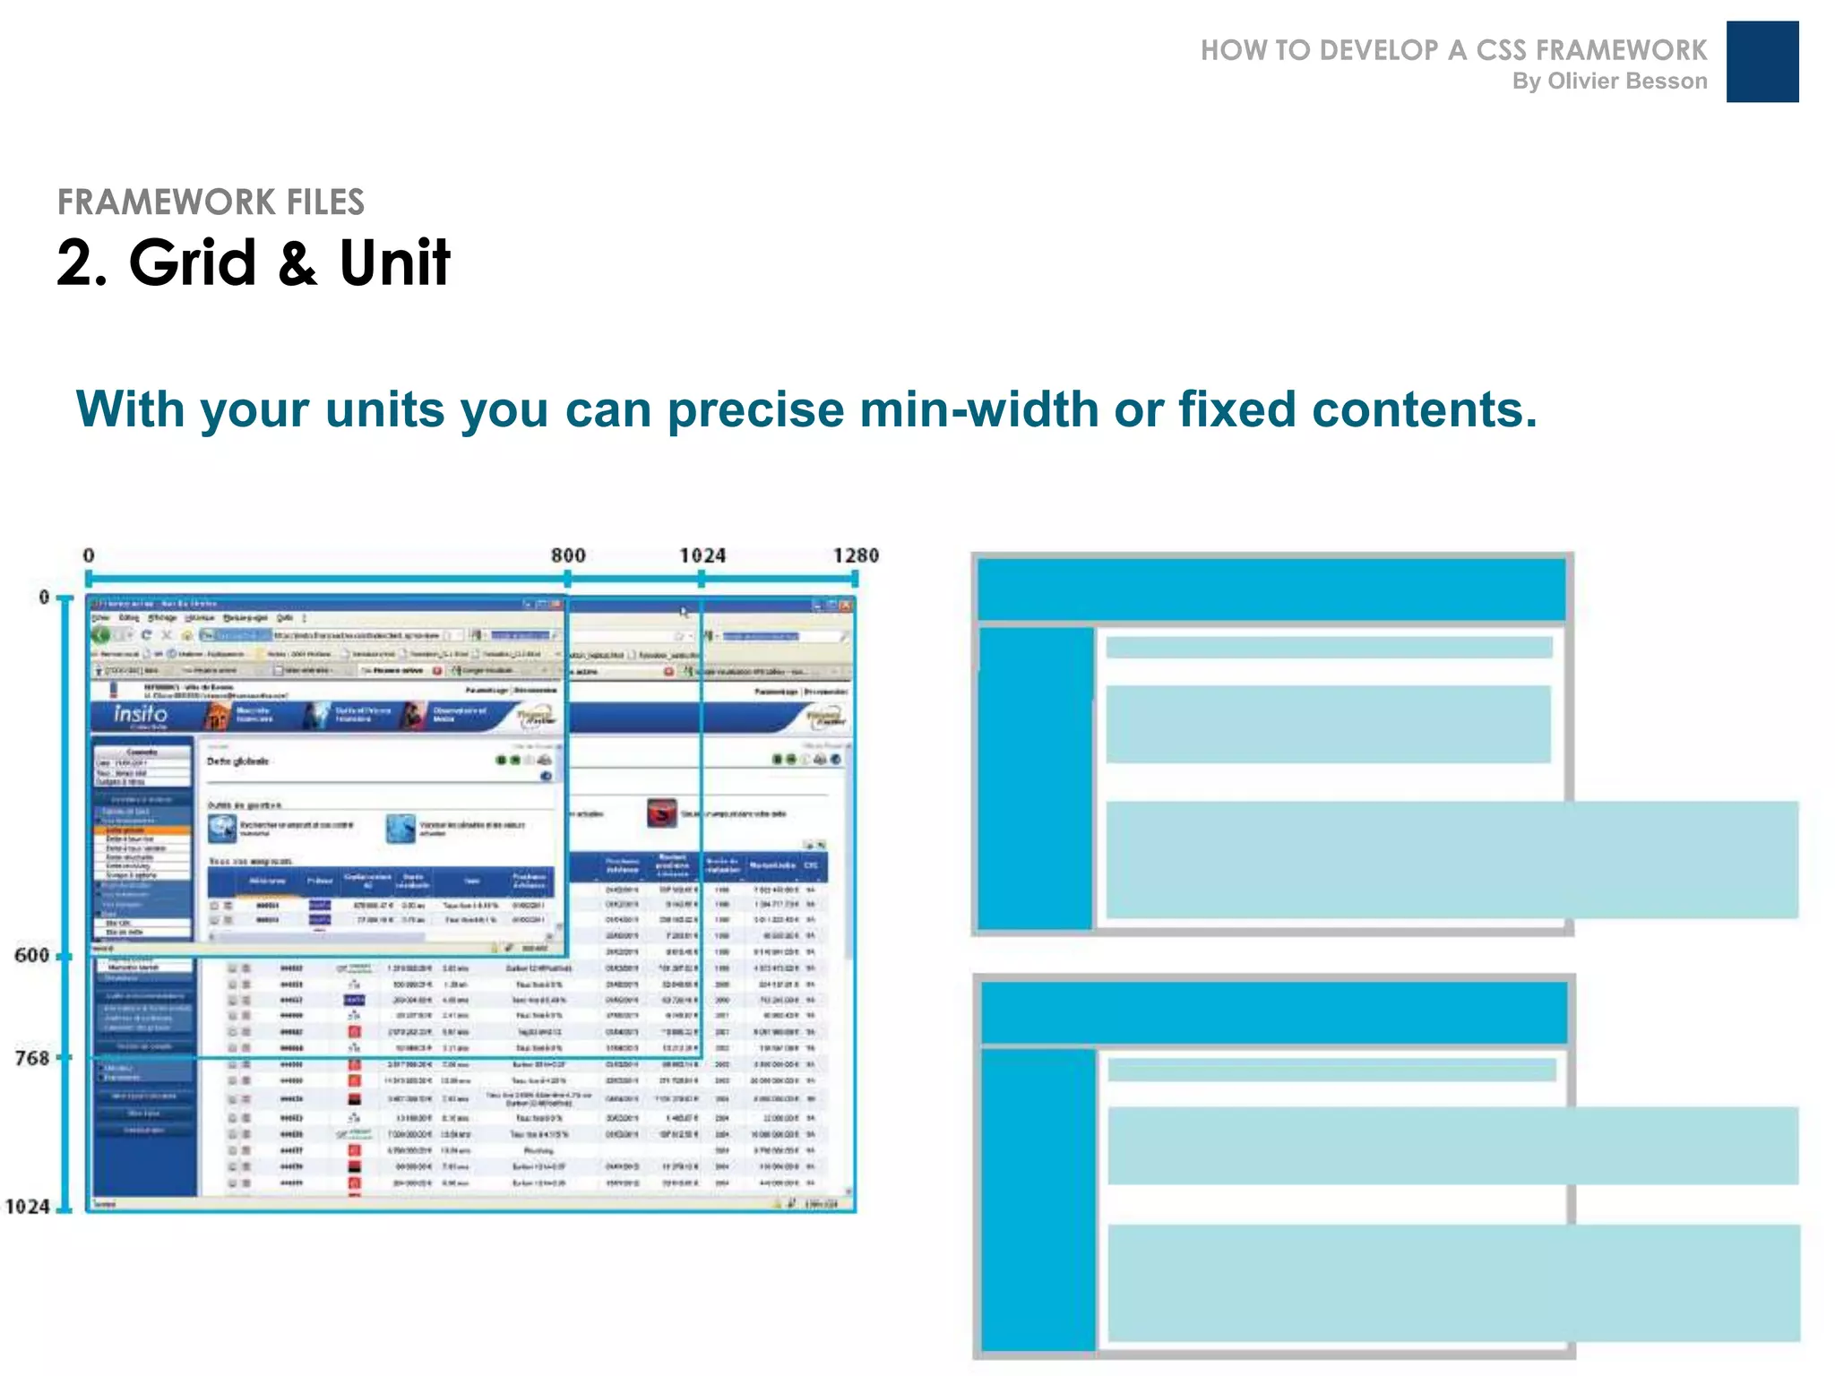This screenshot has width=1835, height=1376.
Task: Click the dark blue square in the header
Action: click(1762, 62)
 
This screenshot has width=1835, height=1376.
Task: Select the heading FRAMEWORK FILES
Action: click(211, 202)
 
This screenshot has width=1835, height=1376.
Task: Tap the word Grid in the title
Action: click(193, 263)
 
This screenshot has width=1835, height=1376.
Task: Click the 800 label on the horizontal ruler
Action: click(568, 555)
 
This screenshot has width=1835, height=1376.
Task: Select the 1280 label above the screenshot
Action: click(856, 555)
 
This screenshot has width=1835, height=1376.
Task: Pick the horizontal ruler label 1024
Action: click(702, 555)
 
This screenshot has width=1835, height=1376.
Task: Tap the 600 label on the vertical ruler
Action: click(32, 955)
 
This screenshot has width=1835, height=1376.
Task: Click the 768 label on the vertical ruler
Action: click(32, 1058)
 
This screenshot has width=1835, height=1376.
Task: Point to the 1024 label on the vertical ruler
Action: click(28, 1207)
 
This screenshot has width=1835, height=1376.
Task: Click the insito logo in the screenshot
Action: click(141, 714)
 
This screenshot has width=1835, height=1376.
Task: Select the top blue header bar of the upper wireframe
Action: click(1271, 589)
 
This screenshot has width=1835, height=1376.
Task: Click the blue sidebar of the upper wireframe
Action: click(1035, 778)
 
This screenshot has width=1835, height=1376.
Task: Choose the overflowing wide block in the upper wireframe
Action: click(1452, 860)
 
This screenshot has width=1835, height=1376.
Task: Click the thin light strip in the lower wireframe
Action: click(1331, 1070)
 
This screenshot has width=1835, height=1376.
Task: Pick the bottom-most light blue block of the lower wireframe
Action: click(1453, 1283)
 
